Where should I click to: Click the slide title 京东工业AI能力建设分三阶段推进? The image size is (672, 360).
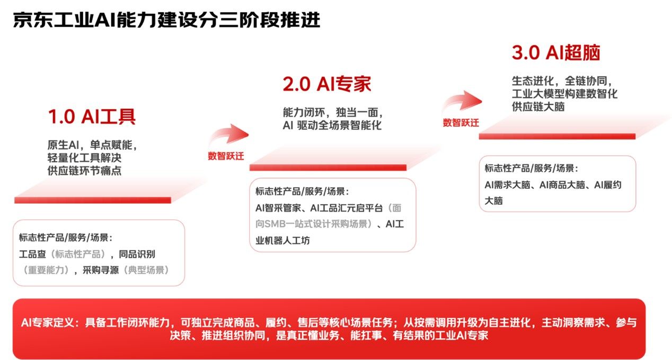pyautogui.click(x=166, y=20)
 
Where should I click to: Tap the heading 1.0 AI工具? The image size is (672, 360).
pyautogui.click(x=92, y=117)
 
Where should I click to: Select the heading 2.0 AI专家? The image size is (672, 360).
pyautogui.click(x=326, y=84)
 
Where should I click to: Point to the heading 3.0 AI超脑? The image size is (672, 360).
pyautogui.click(x=556, y=53)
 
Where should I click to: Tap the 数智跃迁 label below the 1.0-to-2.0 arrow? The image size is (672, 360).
pyautogui.click(x=226, y=156)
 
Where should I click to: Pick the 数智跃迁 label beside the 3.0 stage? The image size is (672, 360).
pyautogui.click(x=461, y=123)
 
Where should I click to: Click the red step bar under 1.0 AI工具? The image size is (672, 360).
pyautogui.click(x=93, y=200)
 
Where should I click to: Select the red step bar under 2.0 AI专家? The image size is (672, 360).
pyautogui.click(x=328, y=168)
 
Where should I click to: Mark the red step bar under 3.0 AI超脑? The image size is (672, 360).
pyautogui.click(x=557, y=136)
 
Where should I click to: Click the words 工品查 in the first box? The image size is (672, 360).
pyautogui.click(x=31, y=254)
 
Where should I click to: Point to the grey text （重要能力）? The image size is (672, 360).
pyautogui.click(x=47, y=270)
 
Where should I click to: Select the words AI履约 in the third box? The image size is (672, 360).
pyautogui.click(x=607, y=185)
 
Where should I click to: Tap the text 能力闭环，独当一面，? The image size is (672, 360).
pyautogui.click(x=332, y=113)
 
